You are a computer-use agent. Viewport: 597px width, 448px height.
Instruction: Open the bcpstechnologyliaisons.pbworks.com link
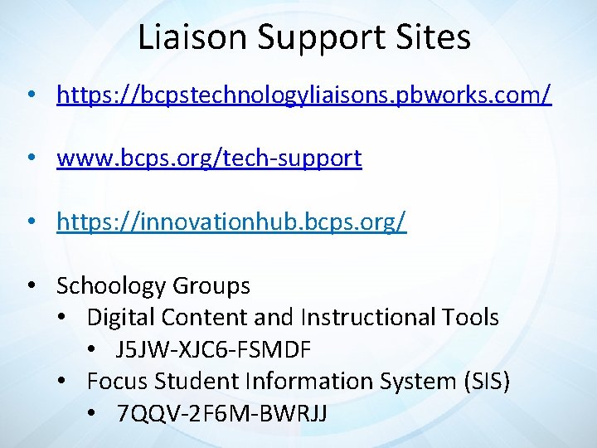click(303, 95)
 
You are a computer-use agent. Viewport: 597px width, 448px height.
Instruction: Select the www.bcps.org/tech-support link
click(209, 158)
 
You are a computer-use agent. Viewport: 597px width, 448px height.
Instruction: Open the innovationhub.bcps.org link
click(231, 222)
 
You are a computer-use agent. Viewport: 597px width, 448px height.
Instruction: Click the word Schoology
click(111, 286)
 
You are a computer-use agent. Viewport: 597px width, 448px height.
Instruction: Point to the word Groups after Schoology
click(211, 286)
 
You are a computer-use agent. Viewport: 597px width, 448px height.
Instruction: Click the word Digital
click(121, 317)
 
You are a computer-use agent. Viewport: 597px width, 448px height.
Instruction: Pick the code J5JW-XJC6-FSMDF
click(214, 350)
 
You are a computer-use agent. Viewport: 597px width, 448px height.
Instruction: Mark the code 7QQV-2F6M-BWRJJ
click(222, 413)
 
